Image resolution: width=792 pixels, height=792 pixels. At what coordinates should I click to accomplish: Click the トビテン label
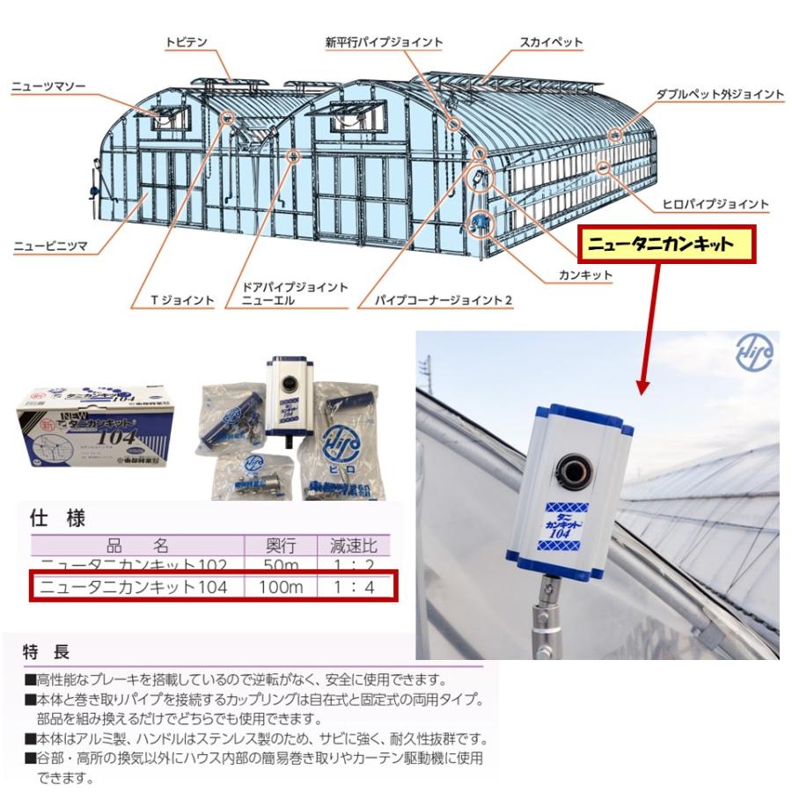184,41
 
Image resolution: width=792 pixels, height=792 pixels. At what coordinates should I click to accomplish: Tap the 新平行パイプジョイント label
384,41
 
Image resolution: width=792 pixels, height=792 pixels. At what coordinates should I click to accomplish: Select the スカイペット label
551,41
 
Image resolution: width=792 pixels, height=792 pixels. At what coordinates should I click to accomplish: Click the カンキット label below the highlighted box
585,275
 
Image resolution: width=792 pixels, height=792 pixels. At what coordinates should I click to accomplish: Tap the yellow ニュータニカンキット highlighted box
666,245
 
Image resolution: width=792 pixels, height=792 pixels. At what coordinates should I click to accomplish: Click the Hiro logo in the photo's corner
754,353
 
